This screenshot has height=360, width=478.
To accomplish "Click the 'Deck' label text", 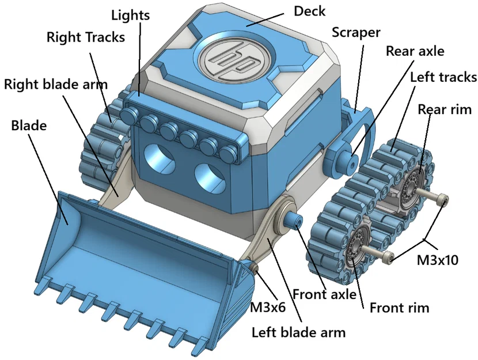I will coord(309,11).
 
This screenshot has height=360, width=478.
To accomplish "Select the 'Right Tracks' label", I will coord(85,38).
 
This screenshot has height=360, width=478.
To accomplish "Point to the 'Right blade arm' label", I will coord(56,84).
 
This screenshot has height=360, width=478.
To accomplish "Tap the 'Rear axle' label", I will coord(415,51).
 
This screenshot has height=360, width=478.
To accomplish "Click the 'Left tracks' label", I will coord(443,77).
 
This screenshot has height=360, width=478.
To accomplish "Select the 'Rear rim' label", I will coord(445,109).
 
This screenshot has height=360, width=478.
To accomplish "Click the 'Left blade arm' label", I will coord(298,332).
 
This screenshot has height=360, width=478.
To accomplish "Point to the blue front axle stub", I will coord(294,220).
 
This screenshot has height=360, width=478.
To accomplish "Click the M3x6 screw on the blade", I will coord(253,268).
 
